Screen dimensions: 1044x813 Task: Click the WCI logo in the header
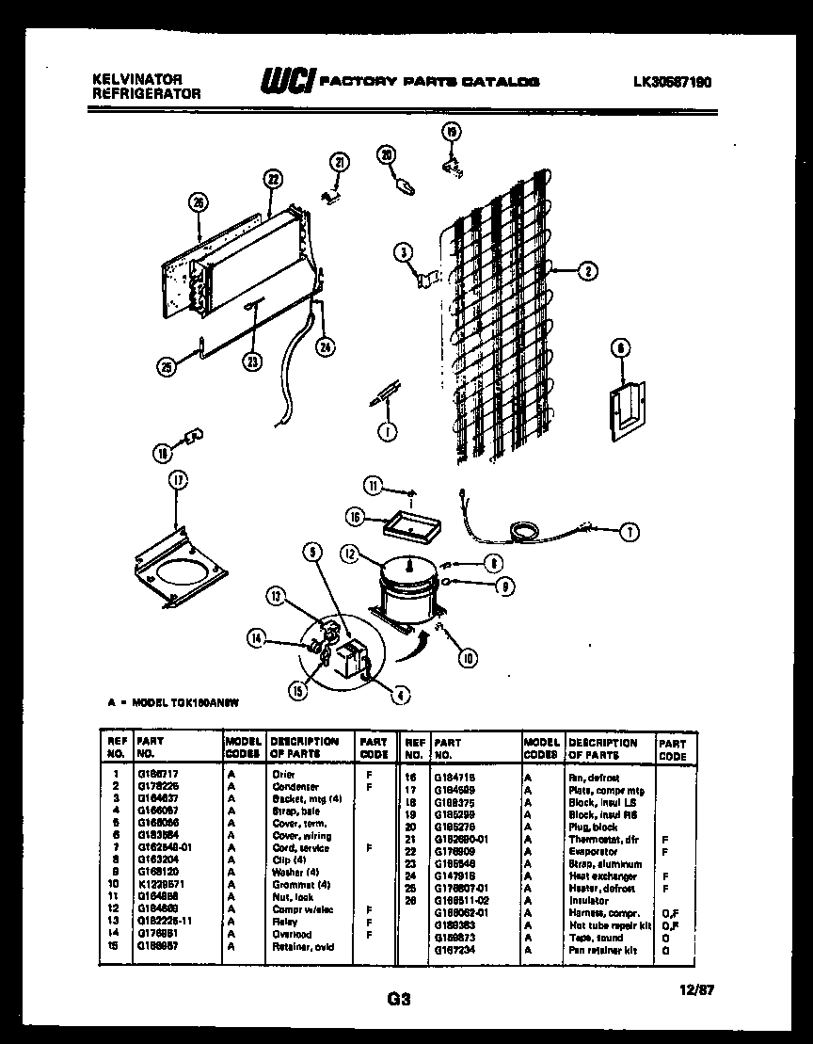pyautogui.click(x=287, y=82)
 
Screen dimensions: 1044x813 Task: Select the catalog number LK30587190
pyautogui.click(x=673, y=82)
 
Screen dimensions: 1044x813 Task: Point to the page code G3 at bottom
pyautogui.click(x=399, y=1000)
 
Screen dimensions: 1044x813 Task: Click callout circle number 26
pyautogui.click(x=198, y=201)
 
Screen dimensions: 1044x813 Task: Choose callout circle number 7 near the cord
pyautogui.click(x=628, y=532)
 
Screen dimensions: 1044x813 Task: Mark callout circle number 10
pyautogui.click(x=468, y=658)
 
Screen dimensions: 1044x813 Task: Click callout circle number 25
pyautogui.click(x=166, y=368)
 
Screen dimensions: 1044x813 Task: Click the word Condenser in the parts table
pyautogui.click(x=295, y=786)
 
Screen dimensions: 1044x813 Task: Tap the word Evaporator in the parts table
pyautogui.click(x=593, y=851)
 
